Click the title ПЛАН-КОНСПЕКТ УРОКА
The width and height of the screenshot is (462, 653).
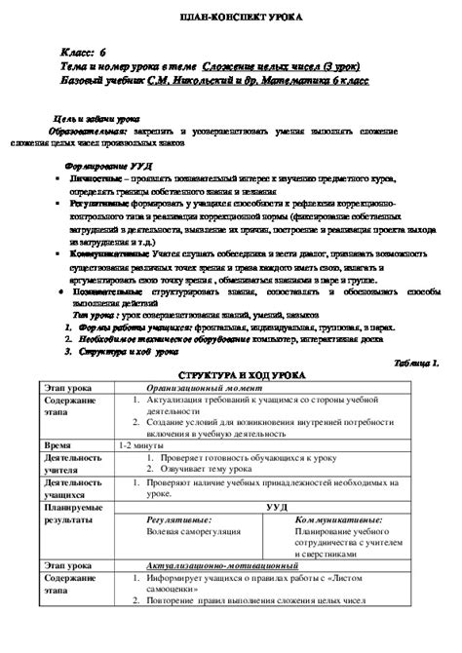point(230,18)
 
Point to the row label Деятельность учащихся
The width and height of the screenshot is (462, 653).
point(74,487)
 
